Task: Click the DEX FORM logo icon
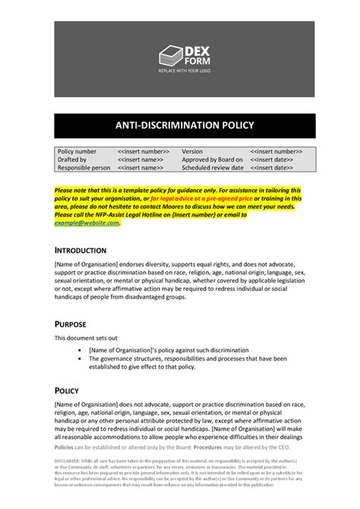pos(170,55)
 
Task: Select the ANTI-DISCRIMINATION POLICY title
pos(185,125)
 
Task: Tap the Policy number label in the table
pos(77,152)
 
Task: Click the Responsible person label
pos(84,168)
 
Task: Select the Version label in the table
pos(192,152)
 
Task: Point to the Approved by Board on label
pos(212,160)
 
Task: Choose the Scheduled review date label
pos(215,168)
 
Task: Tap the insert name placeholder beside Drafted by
pos(141,160)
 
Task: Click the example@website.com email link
pos(87,223)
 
